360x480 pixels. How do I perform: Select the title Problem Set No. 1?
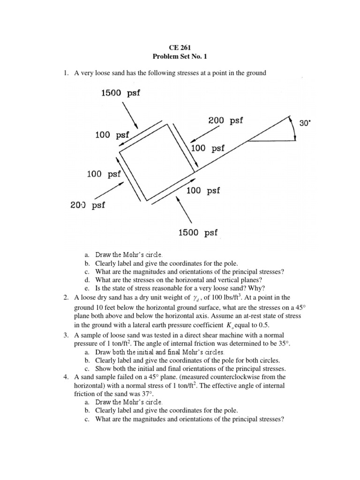pos(180,56)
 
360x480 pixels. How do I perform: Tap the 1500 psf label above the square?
pos(120,93)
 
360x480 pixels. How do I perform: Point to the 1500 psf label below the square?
pos(198,232)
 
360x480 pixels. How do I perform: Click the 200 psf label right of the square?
pos(225,121)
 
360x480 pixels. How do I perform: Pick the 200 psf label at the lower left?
pos(88,205)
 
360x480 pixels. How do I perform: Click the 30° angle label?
pos(305,123)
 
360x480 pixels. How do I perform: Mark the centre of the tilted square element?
pos(157,162)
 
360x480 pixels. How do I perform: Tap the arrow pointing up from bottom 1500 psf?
pos(184,210)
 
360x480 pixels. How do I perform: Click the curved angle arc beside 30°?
pos(293,127)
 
